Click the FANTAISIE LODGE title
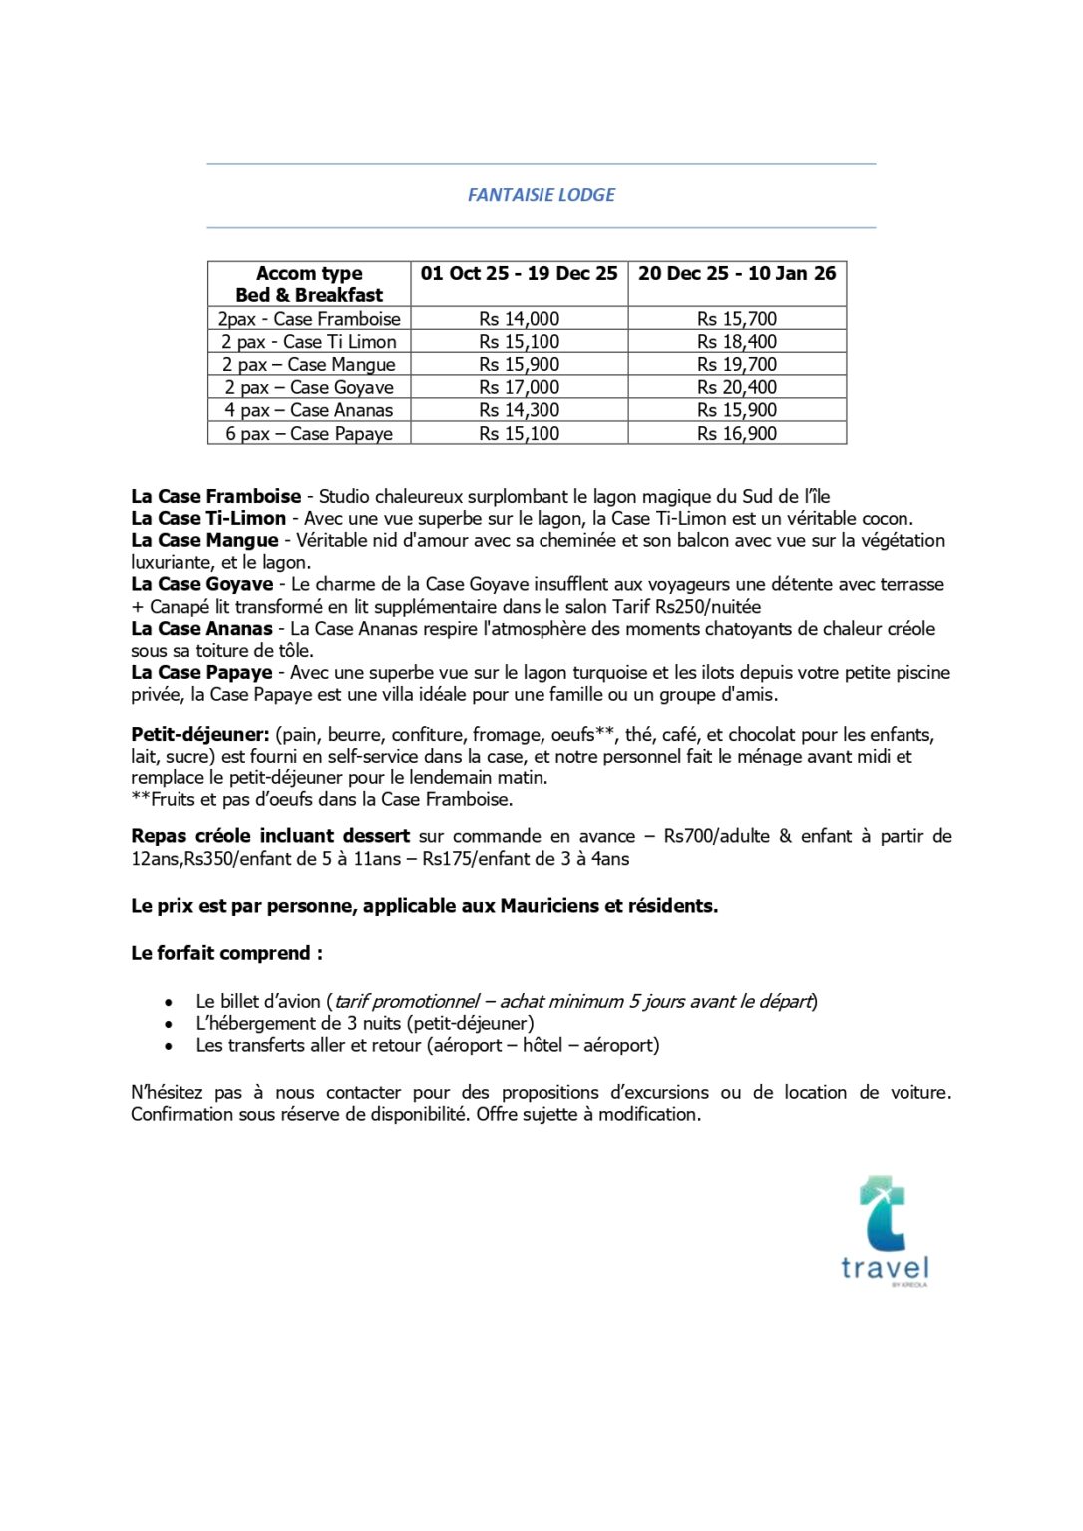(541, 195)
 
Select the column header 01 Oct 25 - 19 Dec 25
(519, 274)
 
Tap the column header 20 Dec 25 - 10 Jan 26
(737, 274)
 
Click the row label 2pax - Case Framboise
(309, 319)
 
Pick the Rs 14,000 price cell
(519, 319)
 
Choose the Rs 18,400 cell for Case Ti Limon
(737, 342)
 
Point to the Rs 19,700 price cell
(737, 365)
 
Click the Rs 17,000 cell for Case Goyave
(519, 388)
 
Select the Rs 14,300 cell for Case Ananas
(519, 410)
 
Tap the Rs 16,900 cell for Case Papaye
(737, 434)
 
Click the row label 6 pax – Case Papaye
(309, 434)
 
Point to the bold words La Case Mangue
(204, 541)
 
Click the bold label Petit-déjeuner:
(199, 735)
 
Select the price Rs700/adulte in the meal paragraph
(716, 837)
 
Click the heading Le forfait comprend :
(226, 954)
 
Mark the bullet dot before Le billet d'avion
(170, 1003)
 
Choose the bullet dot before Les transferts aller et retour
(170, 1047)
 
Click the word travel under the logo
(885, 1268)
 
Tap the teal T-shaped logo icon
(883, 1212)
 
